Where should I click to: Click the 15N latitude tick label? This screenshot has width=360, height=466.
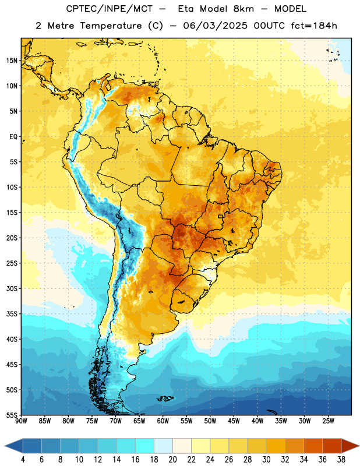tap(12, 61)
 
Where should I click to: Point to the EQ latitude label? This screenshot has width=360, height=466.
tap(13, 137)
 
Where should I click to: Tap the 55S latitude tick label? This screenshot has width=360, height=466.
tap(12, 415)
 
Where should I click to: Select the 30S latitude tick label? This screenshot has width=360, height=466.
tap(12, 288)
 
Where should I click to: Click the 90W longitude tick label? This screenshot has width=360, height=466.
tap(21, 421)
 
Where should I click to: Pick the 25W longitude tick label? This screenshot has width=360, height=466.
tap(328, 421)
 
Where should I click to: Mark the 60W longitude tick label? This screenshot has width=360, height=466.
tap(163, 421)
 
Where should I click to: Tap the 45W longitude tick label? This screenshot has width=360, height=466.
tap(234, 421)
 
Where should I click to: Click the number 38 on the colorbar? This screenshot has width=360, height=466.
tap(341, 460)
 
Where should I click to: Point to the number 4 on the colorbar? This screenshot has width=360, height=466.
tap(23, 460)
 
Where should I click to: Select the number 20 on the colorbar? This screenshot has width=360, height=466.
tap(172, 460)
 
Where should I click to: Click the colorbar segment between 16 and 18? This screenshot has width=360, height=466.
tap(145, 446)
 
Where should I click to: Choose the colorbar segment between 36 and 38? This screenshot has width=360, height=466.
tap(332, 446)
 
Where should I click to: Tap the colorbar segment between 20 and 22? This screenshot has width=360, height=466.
tap(182, 446)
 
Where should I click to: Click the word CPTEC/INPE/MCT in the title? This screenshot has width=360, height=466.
tap(109, 9)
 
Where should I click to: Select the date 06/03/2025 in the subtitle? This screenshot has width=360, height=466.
tap(215, 26)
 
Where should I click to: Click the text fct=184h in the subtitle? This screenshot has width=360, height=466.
tap(314, 26)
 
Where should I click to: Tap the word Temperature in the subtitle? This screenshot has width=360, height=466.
tap(111, 26)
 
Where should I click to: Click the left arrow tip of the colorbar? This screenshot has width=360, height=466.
tap(5, 446)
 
